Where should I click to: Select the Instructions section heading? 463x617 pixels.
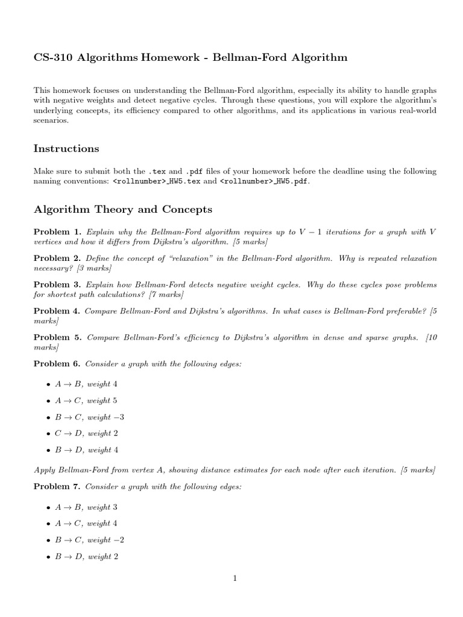[x=66, y=148]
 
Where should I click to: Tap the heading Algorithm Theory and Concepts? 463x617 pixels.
[x=123, y=210]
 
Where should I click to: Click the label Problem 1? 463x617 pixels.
[x=57, y=232]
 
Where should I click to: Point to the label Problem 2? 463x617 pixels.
[x=57, y=258]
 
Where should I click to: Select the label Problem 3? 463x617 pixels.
[x=57, y=284]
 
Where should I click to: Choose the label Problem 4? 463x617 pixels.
[x=57, y=311]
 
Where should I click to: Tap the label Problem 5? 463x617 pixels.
[x=57, y=337]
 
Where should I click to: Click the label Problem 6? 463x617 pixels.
[x=57, y=364]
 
